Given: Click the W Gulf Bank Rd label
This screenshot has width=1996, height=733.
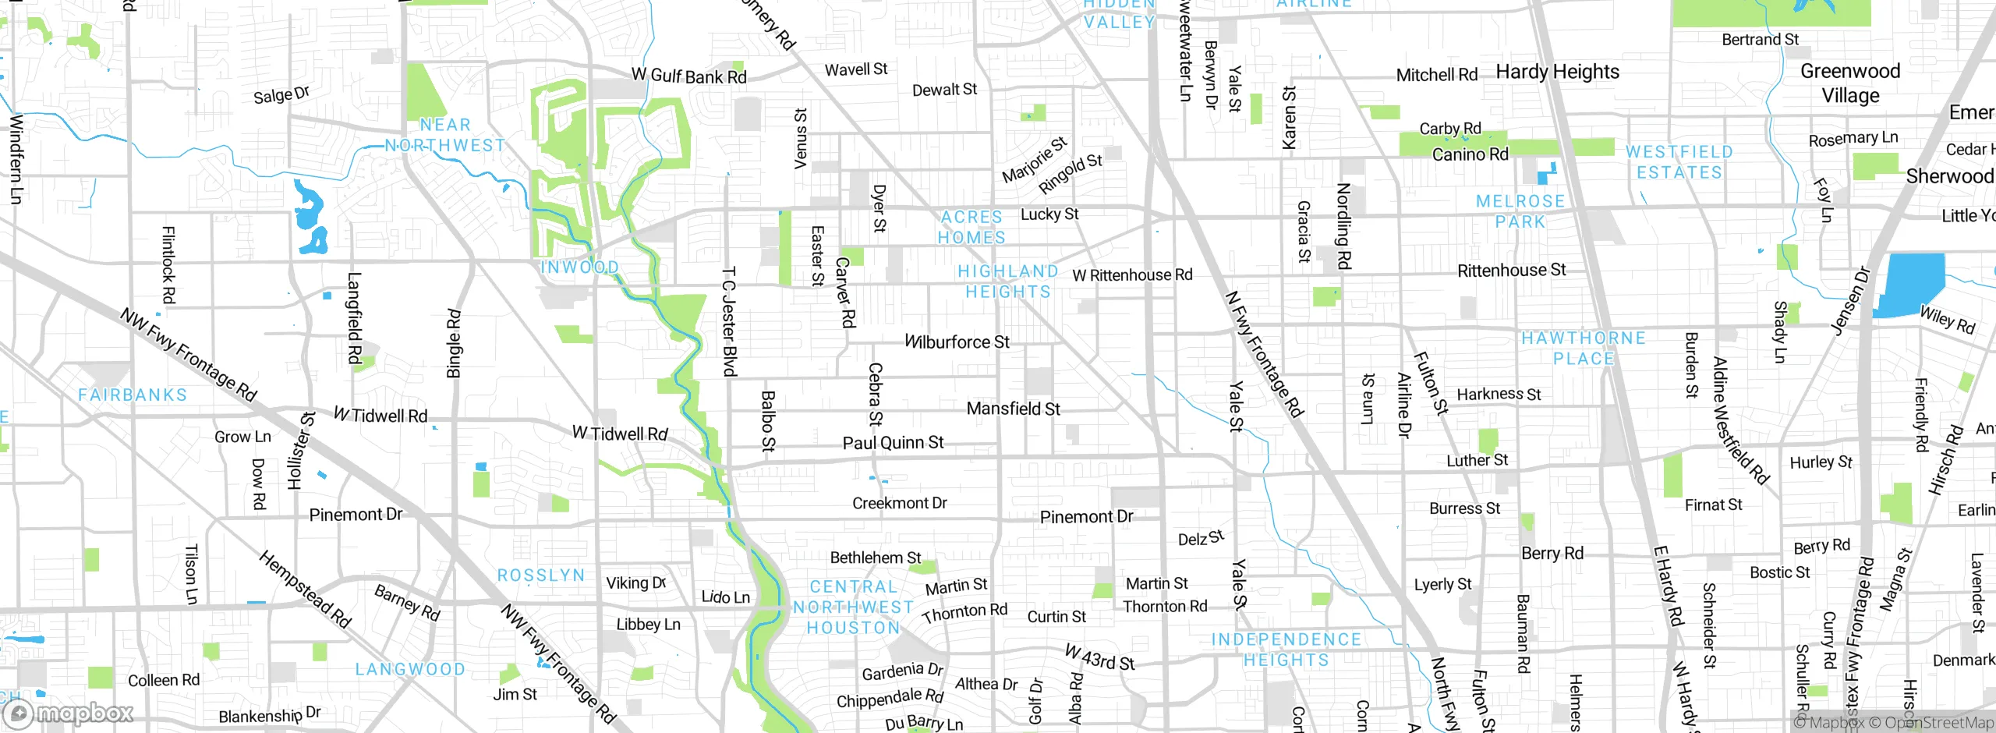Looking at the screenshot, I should tap(689, 76).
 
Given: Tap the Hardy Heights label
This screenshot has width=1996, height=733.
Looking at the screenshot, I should tap(1557, 72).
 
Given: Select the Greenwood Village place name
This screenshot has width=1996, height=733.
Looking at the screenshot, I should tap(1850, 83).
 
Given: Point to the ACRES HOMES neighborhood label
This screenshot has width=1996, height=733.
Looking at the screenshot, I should tap(971, 227).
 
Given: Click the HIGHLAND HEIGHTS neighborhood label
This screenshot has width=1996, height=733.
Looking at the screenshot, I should tap(1008, 282).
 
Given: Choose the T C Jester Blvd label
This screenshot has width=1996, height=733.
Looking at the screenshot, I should tap(729, 322).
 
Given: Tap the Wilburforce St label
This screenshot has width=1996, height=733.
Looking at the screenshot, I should tap(957, 342).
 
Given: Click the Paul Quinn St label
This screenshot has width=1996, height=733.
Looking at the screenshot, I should tap(893, 443).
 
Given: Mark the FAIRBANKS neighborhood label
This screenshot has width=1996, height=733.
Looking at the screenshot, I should tap(133, 395).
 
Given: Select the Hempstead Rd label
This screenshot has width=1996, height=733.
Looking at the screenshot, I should tap(305, 589).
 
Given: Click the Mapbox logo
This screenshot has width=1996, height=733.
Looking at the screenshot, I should tap(69, 713).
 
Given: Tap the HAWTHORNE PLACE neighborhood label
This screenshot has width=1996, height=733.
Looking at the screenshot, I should tap(1584, 348).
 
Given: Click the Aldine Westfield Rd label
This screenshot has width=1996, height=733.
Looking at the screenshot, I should tap(1740, 420).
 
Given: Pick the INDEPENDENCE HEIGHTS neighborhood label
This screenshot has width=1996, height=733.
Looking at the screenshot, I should tap(1286, 650).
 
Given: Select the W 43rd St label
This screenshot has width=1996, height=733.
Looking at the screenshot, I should tap(1099, 657).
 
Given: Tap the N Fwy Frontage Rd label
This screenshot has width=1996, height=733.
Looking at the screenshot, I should tap(1264, 354).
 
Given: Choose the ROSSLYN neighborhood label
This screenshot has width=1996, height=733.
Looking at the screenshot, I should tap(540, 575).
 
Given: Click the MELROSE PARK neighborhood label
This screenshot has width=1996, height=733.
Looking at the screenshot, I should tap(1520, 211).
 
